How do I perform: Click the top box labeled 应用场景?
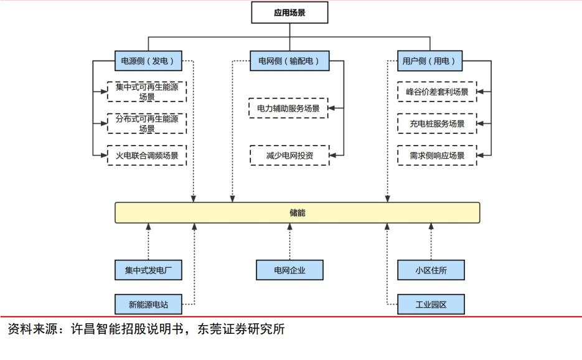[289, 12]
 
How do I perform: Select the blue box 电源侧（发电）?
[148, 61]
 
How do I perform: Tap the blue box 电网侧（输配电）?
[289, 61]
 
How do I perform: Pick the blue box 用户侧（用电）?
[431, 61]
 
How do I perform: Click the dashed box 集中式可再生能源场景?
[147, 92]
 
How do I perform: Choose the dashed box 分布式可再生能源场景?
[147, 123]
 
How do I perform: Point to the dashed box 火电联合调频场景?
[147, 155]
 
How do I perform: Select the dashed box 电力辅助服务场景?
[289, 108]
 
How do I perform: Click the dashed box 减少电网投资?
[289, 155]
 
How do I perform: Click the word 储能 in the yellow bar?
[298, 213]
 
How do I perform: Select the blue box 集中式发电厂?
[148, 270]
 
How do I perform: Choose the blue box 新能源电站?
[148, 305]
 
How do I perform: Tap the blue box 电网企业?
[289, 270]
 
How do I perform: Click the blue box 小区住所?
[431, 270]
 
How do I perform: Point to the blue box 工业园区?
[431, 305]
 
